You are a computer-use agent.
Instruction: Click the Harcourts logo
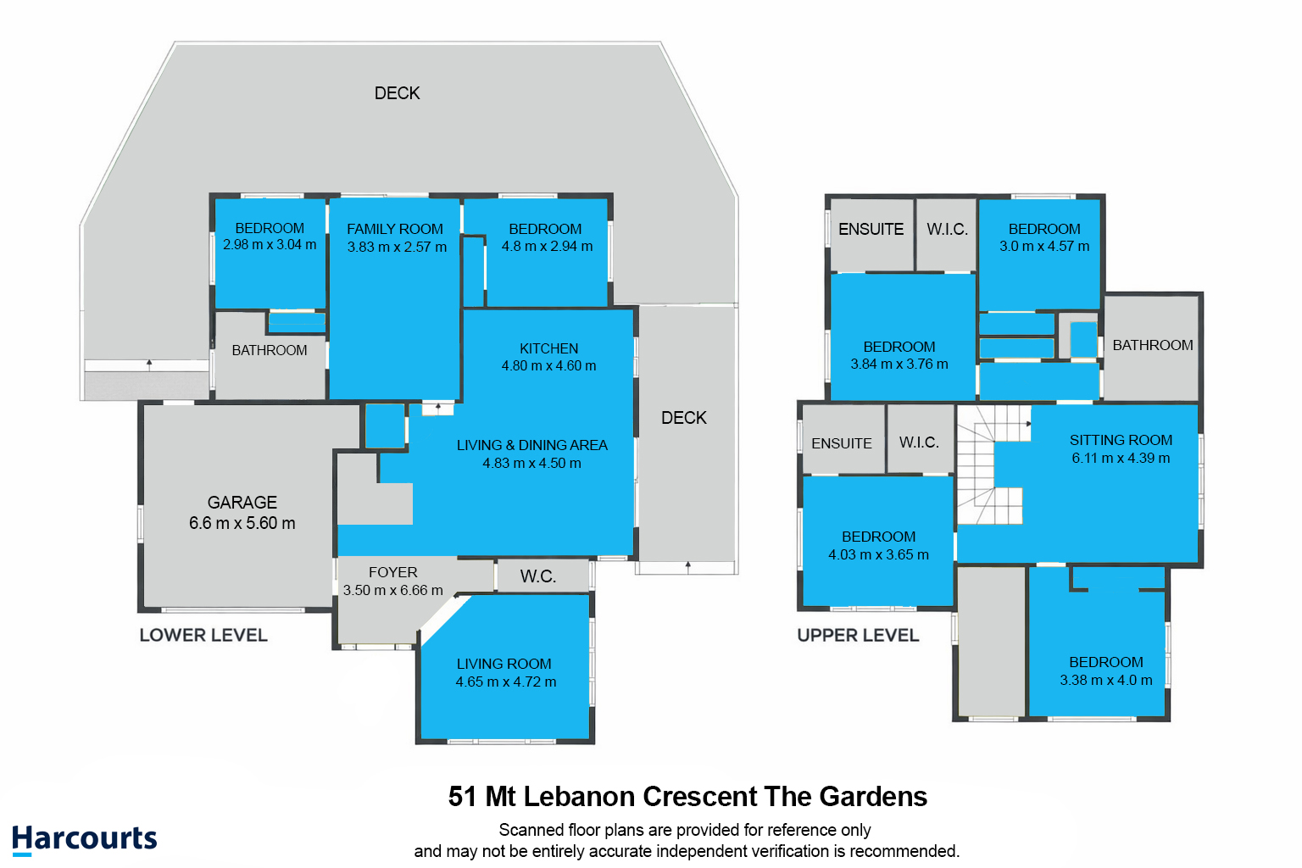[x=85, y=839]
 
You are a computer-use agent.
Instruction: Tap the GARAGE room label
[x=242, y=503]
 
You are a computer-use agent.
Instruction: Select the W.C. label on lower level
[x=538, y=576]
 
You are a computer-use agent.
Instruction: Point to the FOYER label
[x=393, y=573]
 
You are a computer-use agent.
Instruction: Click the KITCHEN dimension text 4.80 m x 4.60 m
[x=548, y=366]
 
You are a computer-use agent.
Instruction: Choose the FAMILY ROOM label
[x=395, y=229]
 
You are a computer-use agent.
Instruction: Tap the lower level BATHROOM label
[x=270, y=350]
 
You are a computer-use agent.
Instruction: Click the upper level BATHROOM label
[x=1153, y=345]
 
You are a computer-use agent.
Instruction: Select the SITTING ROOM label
[x=1121, y=440]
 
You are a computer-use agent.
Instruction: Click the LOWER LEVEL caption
[x=203, y=635]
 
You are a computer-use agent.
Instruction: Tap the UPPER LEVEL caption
[x=858, y=635]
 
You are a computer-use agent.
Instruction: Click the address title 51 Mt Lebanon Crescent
[x=687, y=797]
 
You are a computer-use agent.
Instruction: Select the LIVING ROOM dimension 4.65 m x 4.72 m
[x=506, y=682]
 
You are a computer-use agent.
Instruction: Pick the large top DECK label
[x=398, y=93]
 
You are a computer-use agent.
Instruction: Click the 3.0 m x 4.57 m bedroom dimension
[x=1044, y=247]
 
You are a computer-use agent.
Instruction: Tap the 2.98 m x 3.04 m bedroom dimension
[x=270, y=245]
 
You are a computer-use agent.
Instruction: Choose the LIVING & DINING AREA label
[x=531, y=445]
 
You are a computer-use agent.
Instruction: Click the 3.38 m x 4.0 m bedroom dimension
[x=1106, y=681]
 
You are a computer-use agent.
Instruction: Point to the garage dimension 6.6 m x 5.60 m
[x=242, y=524]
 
